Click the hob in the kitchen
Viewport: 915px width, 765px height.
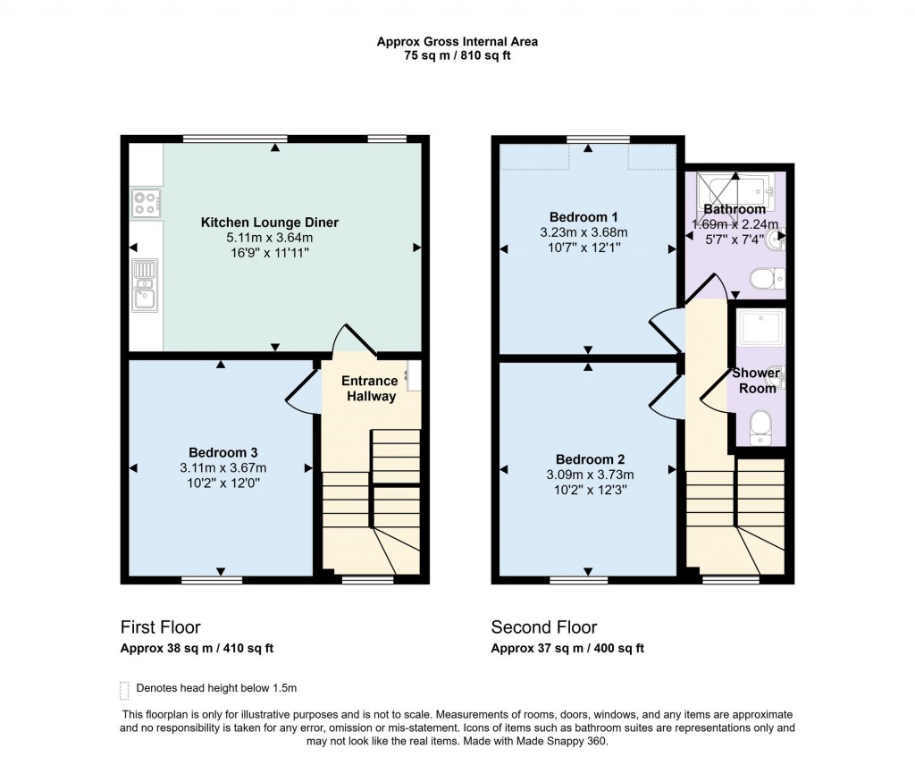(145, 203)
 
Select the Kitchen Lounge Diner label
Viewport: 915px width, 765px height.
(269, 223)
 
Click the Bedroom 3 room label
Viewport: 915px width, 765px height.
(222, 451)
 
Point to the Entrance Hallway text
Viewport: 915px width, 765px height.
(370, 389)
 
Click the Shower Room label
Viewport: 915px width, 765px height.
(756, 380)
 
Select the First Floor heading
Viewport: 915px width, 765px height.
(161, 627)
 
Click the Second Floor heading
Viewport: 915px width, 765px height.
(544, 627)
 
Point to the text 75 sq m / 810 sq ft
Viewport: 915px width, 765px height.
(457, 55)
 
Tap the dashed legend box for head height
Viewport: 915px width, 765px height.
(124, 689)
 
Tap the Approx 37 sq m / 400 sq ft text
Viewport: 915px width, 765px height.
(567, 649)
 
